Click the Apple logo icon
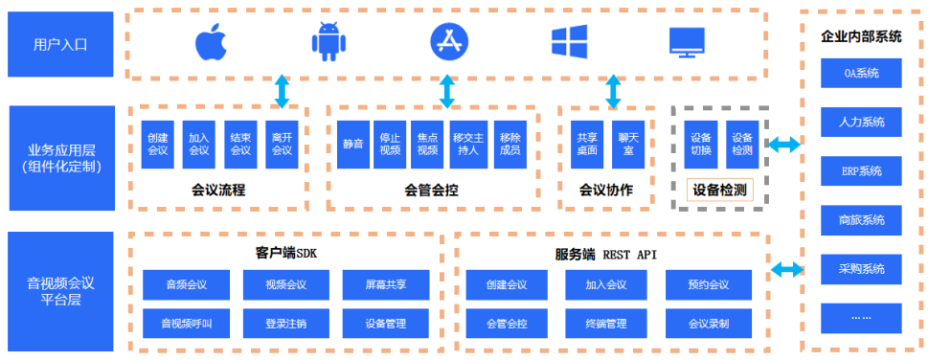tap(209, 42)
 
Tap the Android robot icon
tap(327, 42)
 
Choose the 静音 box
tap(352, 144)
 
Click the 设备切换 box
tap(701, 144)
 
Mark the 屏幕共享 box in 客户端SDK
tap(385, 284)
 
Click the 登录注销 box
tap(285, 324)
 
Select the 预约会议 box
tap(709, 284)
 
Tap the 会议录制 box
tap(709, 324)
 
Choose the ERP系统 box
tap(861, 171)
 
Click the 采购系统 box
tap(861, 269)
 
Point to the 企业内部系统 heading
tap(862, 36)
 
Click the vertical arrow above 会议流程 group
tap(282, 91)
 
